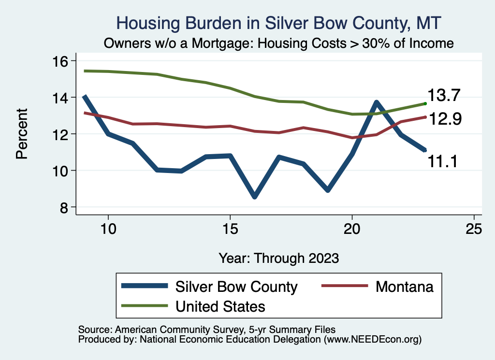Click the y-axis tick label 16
[61, 61]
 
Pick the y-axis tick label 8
[65, 207]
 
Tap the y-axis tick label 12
[61, 134]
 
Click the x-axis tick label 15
[230, 229]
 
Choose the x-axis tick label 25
[474, 229]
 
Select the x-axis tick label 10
[108, 229]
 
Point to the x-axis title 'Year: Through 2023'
[279, 257]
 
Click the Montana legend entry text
[404, 287]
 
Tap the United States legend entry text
[220, 306]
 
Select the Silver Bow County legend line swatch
[146, 287]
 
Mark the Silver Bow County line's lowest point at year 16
[254, 196]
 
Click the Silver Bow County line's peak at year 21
[377, 102]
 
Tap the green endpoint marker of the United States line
[425, 103]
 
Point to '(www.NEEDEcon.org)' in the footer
[373, 340]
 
